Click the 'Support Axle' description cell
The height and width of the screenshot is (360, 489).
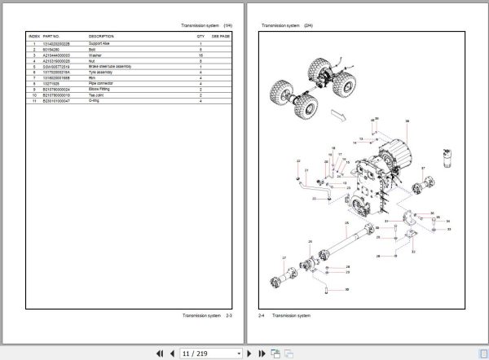101,43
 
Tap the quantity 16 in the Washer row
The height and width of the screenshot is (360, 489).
200,55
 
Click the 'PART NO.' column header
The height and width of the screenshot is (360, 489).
51,37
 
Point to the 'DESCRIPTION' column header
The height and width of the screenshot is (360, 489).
101,37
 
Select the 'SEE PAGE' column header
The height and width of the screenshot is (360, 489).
221,37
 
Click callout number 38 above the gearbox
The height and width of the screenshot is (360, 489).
407,121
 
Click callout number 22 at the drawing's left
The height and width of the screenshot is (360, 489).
299,161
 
